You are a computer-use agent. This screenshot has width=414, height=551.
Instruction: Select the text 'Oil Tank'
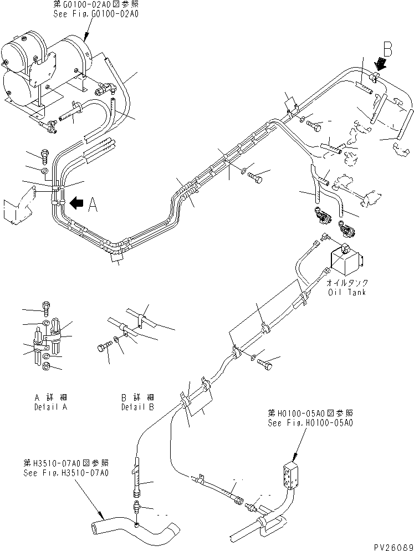pyautogui.click(x=346, y=292)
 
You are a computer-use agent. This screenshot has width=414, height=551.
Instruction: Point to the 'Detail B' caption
pyautogui.click(x=137, y=406)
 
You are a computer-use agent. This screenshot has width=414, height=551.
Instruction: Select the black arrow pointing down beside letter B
pyautogui.click(x=380, y=64)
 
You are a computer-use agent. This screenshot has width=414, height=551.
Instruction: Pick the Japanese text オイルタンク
pyautogui.click(x=346, y=283)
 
